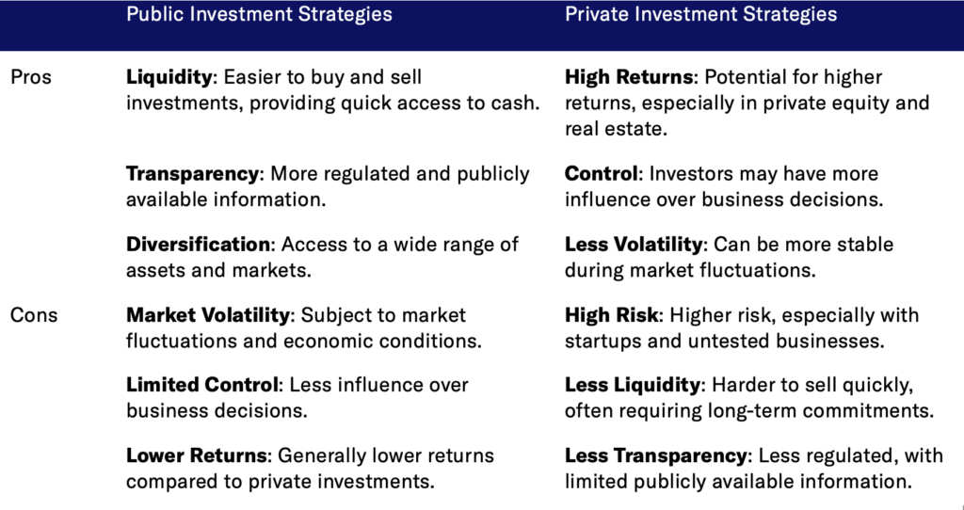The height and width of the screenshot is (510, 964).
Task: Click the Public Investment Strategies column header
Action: [x=259, y=14]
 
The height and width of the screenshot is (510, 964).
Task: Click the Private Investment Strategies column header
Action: [x=700, y=14]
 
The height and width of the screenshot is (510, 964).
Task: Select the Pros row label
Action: [x=31, y=77]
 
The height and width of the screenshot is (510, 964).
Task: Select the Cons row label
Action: [x=34, y=315]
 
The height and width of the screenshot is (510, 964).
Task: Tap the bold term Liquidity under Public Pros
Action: [x=169, y=77]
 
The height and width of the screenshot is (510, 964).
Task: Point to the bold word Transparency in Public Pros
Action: [x=192, y=174]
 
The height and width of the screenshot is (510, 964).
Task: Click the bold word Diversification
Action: [x=198, y=245]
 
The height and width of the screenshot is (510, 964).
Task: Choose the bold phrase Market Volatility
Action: [x=208, y=315]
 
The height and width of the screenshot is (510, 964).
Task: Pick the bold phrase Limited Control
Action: [x=202, y=385]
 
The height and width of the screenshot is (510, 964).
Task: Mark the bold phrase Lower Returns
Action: [x=197, y=456]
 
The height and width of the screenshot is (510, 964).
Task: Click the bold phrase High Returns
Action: [x=628, y=77]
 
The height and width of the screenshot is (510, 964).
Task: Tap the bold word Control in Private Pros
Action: [x=601, y=174]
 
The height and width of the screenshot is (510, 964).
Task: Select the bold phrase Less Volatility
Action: [x=634, y=245]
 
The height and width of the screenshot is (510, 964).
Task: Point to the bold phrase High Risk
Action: [x=612, y=315]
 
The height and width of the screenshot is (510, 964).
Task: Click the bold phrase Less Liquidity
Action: [x=632, y=385]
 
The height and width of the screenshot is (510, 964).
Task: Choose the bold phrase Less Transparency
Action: [x=655, y=456]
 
